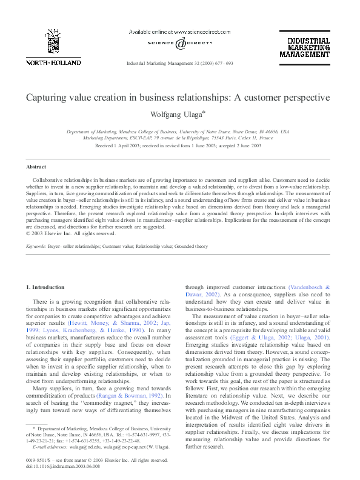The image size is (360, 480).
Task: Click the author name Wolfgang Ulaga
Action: [178, 114]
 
